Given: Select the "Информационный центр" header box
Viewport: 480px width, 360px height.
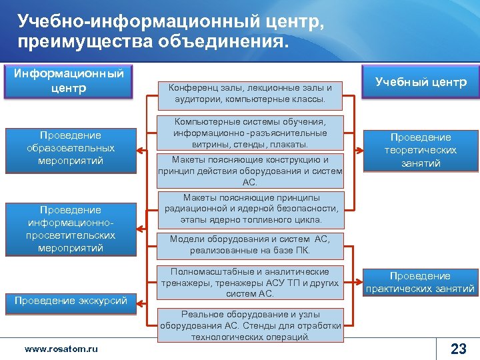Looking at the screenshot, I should point(69,81).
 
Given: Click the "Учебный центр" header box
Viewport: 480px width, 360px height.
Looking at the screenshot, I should point(421,82).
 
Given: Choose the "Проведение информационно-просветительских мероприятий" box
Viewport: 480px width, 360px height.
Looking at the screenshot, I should point(70,229).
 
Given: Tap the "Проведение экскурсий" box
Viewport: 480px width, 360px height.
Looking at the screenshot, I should point(70,301).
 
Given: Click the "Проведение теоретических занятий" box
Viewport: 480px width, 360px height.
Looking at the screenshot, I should point(421,150).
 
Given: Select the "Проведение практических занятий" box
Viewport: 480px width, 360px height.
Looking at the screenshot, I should point(421,282).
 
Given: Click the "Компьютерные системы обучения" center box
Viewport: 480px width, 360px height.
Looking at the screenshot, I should point(250,133).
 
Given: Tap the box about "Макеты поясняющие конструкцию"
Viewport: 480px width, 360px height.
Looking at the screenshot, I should point(250,171).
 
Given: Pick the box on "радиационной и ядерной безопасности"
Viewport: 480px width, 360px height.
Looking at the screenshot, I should point(250,208).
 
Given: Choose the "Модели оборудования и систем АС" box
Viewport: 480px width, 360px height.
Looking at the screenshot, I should point(250,245).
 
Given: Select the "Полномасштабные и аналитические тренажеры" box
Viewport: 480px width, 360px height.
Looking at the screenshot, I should point(250,283).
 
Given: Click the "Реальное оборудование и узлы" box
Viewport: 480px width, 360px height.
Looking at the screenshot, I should point(250,325).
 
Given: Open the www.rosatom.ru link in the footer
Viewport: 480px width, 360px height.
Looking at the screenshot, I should point(61,349).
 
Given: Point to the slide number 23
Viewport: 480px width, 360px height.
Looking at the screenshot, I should point(458,348).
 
